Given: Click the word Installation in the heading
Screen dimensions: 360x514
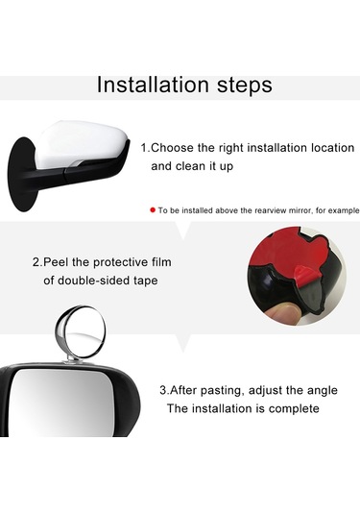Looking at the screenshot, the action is [153, 85].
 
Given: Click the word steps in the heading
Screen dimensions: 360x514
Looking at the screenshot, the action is [245, 86].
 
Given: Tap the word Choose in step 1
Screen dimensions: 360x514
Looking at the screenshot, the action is [173, 148].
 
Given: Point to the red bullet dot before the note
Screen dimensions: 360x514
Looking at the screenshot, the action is [153, 209].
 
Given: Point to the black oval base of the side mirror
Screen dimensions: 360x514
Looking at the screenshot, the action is [22, 175].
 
